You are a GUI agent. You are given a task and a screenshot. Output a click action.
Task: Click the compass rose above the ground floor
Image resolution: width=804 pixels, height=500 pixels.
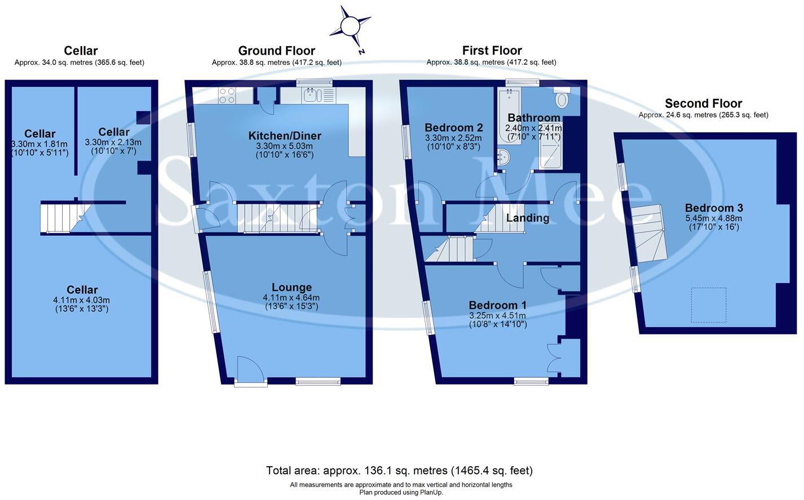click(350, 26)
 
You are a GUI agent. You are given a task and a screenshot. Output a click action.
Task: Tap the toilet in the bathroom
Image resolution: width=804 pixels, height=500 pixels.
click(562, 99)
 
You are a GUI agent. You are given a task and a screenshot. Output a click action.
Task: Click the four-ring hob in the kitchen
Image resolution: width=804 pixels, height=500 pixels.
click(227, 96)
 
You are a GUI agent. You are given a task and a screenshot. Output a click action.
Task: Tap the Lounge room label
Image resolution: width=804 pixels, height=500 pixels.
click(291, 287)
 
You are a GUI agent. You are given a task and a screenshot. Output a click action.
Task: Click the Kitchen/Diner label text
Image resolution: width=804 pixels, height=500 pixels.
click(285, 136)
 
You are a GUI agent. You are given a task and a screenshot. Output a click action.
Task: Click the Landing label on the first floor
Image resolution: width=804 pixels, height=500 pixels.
click(527, 218)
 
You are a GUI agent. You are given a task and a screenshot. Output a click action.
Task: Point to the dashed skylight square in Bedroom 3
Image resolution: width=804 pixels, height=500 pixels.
click(708, 305)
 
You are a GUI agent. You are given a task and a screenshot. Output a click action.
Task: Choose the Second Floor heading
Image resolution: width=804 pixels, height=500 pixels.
click(703, 104)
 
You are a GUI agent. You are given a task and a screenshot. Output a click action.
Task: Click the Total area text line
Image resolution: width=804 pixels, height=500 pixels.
click(399, 470)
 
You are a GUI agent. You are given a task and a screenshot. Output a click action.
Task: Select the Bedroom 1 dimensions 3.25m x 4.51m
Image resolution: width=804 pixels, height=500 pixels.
click(497, 315)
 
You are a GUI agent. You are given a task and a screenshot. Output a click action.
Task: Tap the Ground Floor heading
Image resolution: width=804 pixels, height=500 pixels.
click(276, 51)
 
